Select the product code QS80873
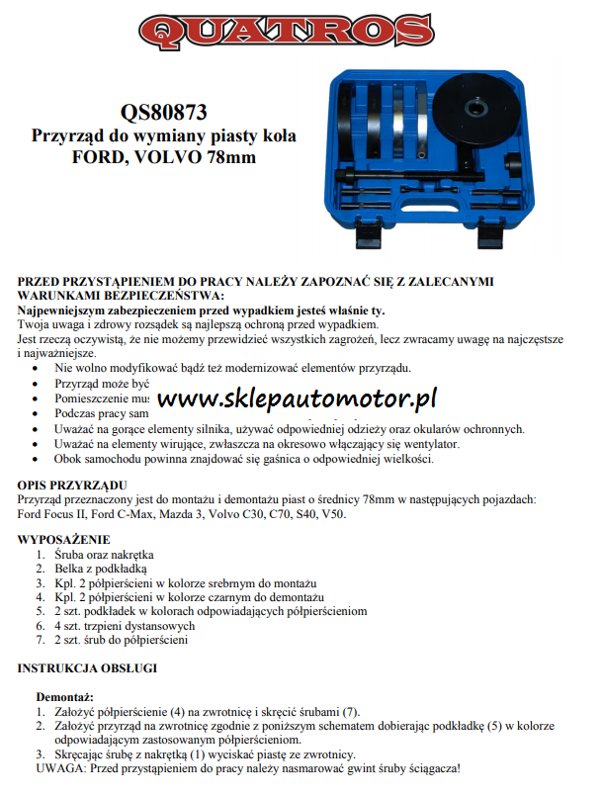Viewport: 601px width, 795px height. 164,113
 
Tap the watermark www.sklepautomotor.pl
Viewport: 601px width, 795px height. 297,400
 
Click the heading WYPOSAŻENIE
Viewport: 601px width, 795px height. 64,540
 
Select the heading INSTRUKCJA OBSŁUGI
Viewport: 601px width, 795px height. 88,668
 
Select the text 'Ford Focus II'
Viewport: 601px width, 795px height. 49,514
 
